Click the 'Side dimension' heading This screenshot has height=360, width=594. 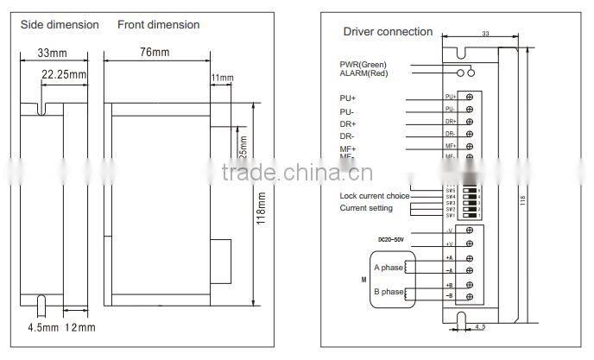point(59,24)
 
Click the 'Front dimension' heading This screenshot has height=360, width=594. point(158,24)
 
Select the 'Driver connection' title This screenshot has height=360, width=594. point(388,32)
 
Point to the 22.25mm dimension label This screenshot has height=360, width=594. point(65,75)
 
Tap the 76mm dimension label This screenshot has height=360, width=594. point(155,52)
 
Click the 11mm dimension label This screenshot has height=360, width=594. point(223,78)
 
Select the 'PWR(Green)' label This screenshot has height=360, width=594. point(363,64)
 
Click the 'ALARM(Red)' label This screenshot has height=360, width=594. point(363,73)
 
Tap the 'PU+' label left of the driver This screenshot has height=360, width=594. point(347,98)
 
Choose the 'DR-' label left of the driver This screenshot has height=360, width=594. point(347,136)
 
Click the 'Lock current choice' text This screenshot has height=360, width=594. point(374,196)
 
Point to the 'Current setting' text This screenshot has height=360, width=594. point(366,208)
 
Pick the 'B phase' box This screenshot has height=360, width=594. point(389,291)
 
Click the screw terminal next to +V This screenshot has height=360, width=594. point(469,244)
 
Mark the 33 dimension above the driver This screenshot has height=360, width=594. point(485,35)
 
